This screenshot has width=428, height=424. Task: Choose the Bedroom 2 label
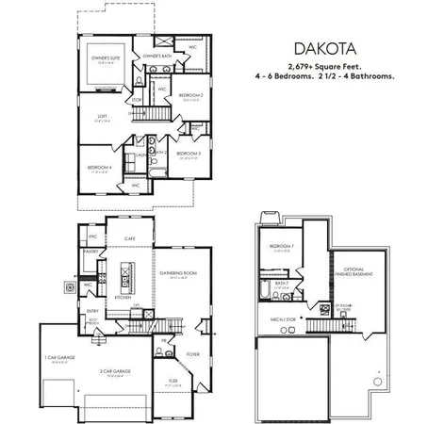(x=191, y=95)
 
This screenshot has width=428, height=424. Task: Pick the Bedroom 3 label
(x=188, y=153)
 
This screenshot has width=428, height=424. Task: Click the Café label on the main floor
(x=129, y=240)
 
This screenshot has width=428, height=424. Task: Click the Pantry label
(x=93, y=253)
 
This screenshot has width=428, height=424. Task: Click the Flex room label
(x=173, y=381)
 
